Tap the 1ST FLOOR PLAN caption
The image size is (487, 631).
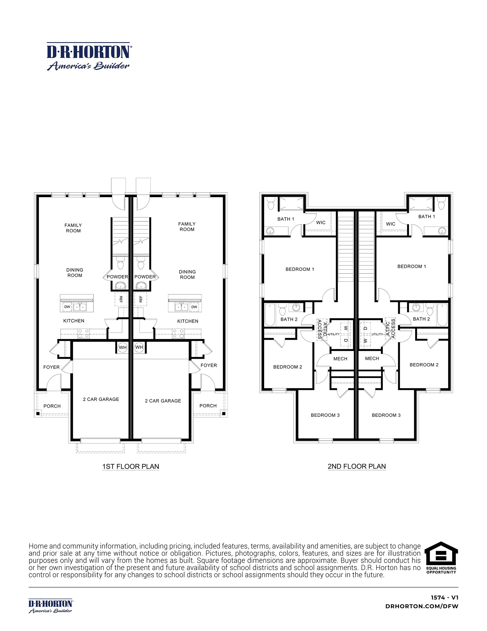click(131, 466)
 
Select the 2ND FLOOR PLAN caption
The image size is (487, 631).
click(356, 466)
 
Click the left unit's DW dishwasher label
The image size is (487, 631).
click(67, 307)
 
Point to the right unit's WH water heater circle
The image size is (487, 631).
click(139, 347)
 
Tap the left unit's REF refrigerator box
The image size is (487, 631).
click(121, 299)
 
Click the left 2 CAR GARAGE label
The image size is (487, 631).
click(101, 399)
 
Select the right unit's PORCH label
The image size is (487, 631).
click(208, 406)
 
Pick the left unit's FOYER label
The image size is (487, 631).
click(51, 367)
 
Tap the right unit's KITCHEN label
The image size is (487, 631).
click(188, 321)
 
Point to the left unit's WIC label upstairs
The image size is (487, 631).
click(321, 223)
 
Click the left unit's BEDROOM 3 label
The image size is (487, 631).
click(325, 415)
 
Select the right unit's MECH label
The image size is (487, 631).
click(372, 359)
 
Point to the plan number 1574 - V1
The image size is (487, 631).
click(444, 598)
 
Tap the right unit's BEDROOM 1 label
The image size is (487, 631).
click(411, 266)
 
